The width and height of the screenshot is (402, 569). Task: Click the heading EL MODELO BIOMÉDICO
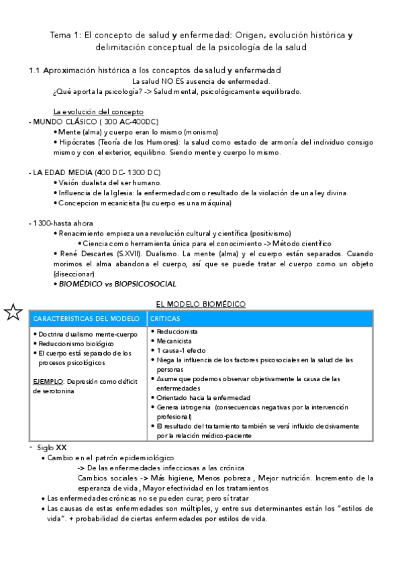pyautogui.click(x=201, y=305)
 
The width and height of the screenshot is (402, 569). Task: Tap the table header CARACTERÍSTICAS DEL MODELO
pyautogui.click(x=86, y=318)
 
